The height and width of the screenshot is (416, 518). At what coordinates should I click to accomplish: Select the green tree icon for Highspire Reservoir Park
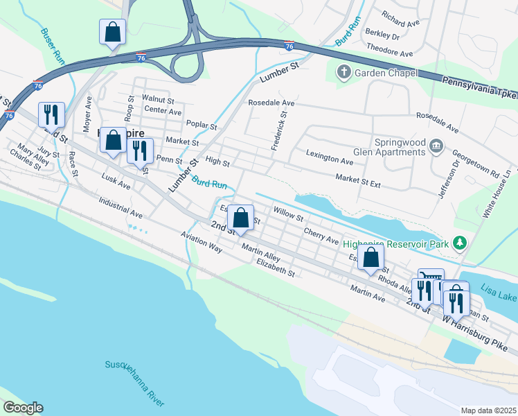click(458, 243)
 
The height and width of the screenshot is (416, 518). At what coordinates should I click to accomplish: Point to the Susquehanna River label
click(135, 383)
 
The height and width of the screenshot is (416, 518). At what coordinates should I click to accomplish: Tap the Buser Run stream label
click(53, 46)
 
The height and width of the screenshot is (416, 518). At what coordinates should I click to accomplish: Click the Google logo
click(22, 408)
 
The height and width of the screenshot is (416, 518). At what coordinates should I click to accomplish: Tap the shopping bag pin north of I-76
click(111, 32)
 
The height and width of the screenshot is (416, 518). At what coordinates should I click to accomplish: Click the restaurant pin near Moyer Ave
click(51, 114)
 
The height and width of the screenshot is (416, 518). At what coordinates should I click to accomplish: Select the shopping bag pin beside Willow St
click(240, 218)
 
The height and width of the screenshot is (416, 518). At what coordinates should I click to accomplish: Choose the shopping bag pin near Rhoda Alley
click(371, 257)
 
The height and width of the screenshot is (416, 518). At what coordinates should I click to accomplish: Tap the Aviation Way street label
click(201, 242)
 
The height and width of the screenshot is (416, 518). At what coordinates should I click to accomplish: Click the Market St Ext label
click(358, 182)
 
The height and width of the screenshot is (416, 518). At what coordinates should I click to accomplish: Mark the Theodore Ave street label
click(390, 49)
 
